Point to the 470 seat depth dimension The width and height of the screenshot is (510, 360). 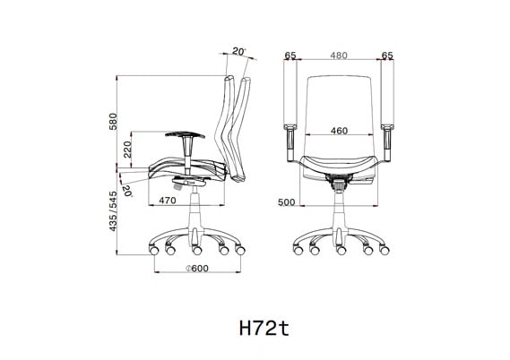click(167, 201)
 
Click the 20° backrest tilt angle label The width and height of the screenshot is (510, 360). click(238, 52)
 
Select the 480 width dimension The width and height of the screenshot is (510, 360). click(337, 56)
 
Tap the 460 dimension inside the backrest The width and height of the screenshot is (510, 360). click(338, 131)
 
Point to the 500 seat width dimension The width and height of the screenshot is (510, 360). click(286, 202)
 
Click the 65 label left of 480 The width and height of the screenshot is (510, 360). click(290, 56)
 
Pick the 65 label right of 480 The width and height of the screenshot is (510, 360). click(386, 56)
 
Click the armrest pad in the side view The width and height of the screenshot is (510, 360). click(186, 135)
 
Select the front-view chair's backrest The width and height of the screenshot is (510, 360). click(338, 107)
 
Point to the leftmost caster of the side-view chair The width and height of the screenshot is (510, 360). click(152, 248)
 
